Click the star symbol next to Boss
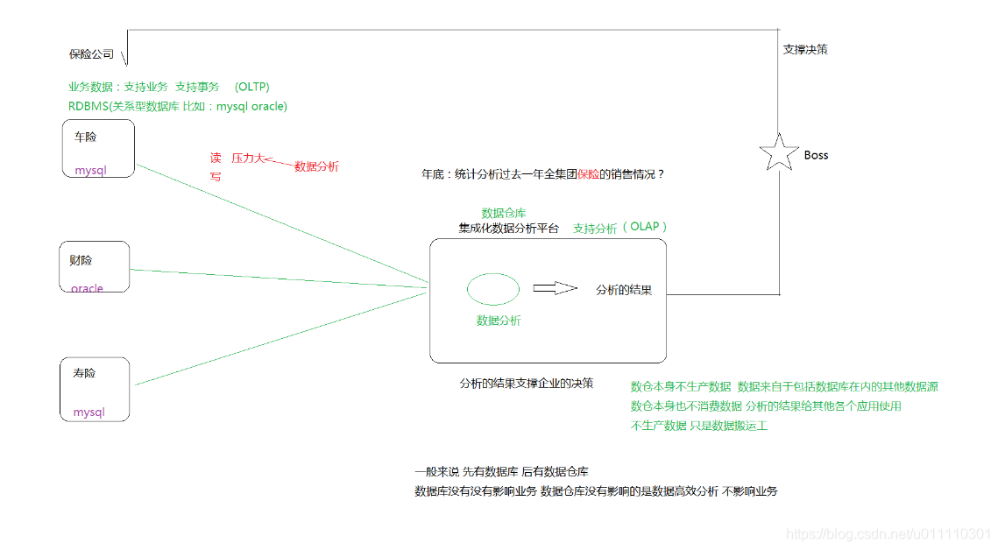pyautogui.click(x=777, y=152)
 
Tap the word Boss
pyautogui.click(x=816, y=155)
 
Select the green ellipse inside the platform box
pyautogui.click(x=492, y=289)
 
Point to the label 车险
pyautogui.click(x=86, y=137)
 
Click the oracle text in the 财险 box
pyautogui.click(x=87, y=288)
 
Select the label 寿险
pyautogui.click(x=84, y=373)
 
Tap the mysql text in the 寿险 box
pyautogui.click(x=88, y=412)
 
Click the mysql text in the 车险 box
pyautogui.click(x=90, y=170)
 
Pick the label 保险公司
pyautogui.click(x=91, y=54)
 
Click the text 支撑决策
pyautogui.click(x=804, y=50)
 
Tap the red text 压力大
pyautogui.click(x=247, y=159)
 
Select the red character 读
pyautogui.click(x=216, y=159)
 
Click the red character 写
pyautogui.click(x=216, y=176)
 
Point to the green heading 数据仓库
pyautogui.click(x=504, y=213)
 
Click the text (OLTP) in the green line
pyautogui.click(x=252, y=87)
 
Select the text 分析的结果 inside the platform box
pyautogui.click(x=623, y=290)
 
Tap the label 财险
pyautogui.click(x=81, y=260)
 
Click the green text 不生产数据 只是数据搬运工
pyautogui.click(x=699, y=426)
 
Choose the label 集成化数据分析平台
pyautogui.click(x=507, y=228)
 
